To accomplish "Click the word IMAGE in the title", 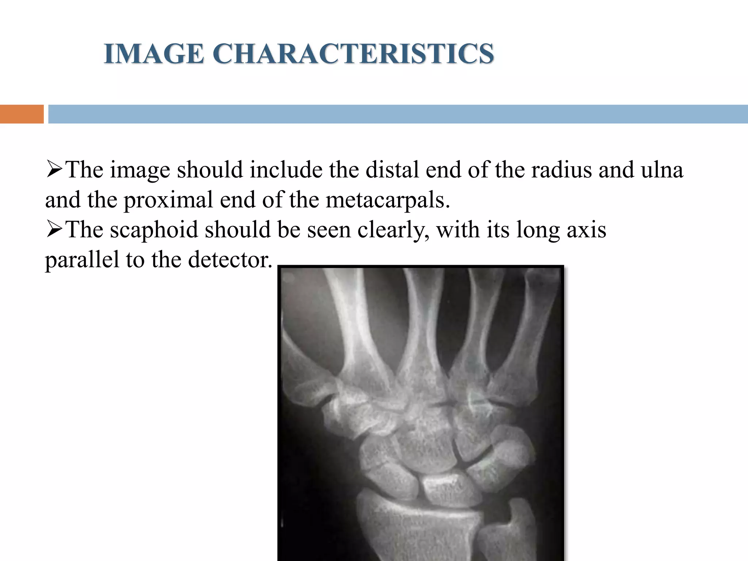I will (154, 54).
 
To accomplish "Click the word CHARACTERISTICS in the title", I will (353, 54).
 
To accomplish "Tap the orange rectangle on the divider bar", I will (22, 114).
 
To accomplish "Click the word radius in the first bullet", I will (561, 170).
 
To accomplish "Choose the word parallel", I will (82, 260).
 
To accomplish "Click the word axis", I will (586, 230).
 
